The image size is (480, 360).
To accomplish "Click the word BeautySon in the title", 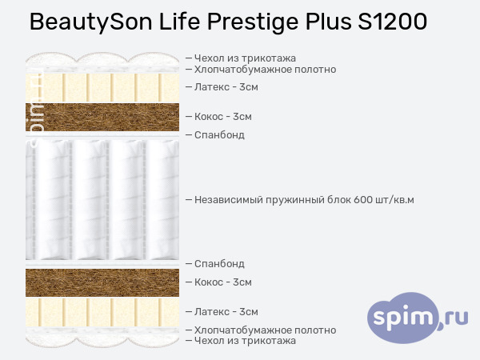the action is click(x=91, y=22).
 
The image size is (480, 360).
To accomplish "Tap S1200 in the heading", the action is click(x=393, y=22).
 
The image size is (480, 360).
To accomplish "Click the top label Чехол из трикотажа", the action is click(x=245, y=58).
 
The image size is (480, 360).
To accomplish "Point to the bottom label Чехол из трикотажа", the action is click(x=245, y=341).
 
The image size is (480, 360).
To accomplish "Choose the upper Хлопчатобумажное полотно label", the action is click(x=265, y=70).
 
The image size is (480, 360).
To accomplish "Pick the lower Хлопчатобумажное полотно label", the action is click(x=265, y=330).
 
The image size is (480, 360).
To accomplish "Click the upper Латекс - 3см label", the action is click(x=226, y=87).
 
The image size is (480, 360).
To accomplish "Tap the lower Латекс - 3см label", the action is click(x=226, y=312).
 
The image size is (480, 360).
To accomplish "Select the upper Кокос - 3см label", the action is click(x=223, y=117).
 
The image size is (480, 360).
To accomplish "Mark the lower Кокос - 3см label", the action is click(x=223, y=282).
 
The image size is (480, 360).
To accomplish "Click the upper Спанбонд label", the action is click(x=219, y=135).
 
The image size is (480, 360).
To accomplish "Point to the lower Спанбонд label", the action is click(x=219, y=264).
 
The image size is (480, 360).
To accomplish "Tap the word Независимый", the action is click(x=228, y=200).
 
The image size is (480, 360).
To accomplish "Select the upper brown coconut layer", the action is click(x=102, y=117).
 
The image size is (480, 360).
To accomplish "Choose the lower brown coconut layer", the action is click(x=102, y=283).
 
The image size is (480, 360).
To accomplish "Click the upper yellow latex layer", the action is click(x=102, y=87).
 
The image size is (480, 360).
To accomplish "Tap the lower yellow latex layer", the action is click(x=102, y=312).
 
